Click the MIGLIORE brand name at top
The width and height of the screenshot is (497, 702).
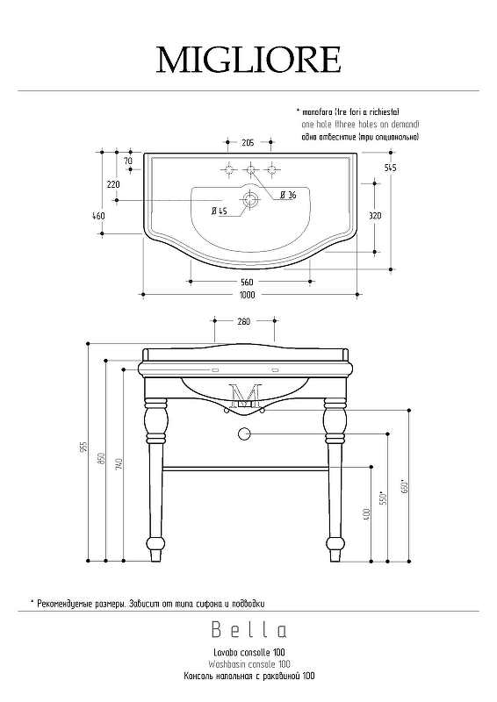(x=248, y=60)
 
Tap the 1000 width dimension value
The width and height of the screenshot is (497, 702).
(x=248, y=295)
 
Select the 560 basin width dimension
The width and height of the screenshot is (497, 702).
(x=247, y=282)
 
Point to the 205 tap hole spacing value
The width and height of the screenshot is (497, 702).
(x=248, y=142)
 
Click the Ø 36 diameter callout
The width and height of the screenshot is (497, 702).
(x=288, y=195)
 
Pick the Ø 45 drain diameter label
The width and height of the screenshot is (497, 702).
(x=220, y=211)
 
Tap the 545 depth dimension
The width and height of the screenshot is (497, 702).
(x=391, y=168)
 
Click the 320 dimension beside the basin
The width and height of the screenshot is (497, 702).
(x=375, y=216)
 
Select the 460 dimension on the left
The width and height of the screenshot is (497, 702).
(x=98, y=216)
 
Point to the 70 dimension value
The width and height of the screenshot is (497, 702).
(x=127, y=161)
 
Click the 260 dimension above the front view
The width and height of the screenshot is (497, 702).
(x=244, y=321)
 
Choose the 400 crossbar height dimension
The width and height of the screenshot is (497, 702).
(x=368, y=514)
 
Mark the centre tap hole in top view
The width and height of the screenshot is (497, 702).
(x=250, y=169)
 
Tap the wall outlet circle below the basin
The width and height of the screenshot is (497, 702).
(x=244, y=433)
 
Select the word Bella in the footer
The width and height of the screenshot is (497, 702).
(x=249, y=630)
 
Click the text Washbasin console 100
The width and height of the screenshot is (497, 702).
(x=249, y=664)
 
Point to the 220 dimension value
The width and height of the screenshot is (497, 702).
(x=113, y=184)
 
